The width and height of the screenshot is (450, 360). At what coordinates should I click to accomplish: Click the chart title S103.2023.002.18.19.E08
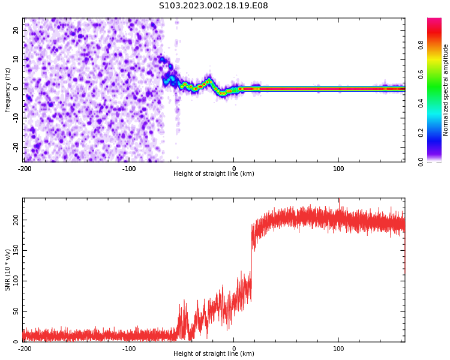pyautogui.click(x=214, y=6)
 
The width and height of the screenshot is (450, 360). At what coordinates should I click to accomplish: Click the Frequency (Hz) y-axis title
pyautogui.click(x=8, y=90)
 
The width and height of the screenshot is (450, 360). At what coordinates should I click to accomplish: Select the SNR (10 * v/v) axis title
pyautogui.click(x=8, y=270)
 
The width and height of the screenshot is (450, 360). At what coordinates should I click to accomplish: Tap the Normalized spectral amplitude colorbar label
pyautogui.click(x=446, y=90)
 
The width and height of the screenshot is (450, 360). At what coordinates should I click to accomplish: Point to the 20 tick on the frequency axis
pyautogui.click(x=16, y=30)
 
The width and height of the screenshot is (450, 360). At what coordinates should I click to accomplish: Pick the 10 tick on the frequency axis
pyautogui.click(x=16, y=59)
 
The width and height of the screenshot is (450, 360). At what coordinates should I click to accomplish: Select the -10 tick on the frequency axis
pyautogui.click(x=15, y=118)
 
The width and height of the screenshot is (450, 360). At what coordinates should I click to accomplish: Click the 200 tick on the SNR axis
pyautogui.click(x=14, y=220)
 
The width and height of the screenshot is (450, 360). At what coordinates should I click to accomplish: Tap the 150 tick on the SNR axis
pyautogui.click(x=14, y=251)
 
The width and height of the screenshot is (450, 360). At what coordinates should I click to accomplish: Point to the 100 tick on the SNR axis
pyautogui.click(x=14, y=281)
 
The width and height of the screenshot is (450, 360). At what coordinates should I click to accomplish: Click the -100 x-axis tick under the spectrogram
pyautogui.click(x=129, y=169)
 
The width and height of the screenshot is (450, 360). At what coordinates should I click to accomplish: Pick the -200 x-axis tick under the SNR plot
pyautogui.click(x=25, y=349)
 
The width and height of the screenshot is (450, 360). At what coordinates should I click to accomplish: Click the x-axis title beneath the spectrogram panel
pyautogui.click(x=214, y=174)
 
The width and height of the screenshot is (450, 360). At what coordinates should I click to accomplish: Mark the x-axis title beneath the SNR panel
pyautogui.click(x=214, y=354)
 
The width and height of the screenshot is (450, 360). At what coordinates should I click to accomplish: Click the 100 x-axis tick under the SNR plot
pyautogui.click(x=338, y=349)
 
